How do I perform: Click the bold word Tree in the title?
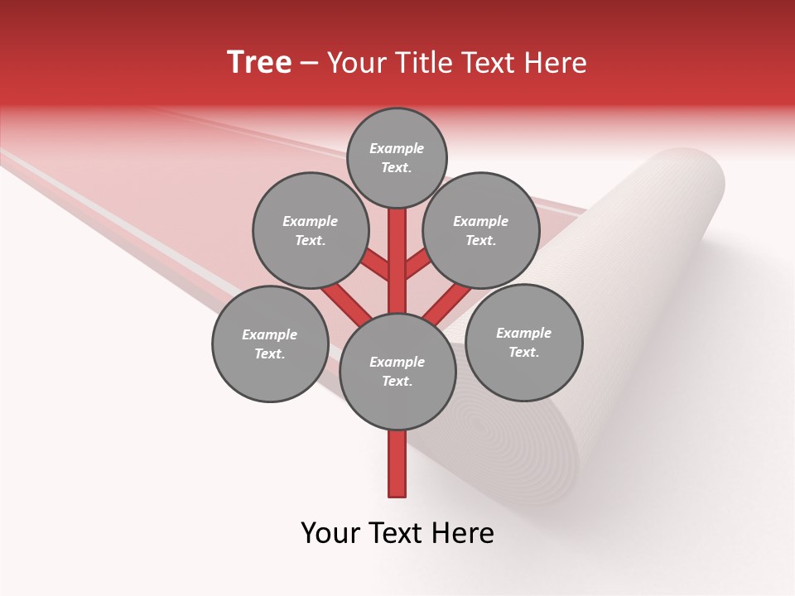pos(259,63)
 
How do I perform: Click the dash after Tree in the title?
pos(309,64)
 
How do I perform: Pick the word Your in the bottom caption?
pos(331,533)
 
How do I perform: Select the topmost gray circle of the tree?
pos(397,157)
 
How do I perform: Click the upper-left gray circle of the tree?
pos(311,230)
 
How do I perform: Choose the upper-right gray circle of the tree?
pos(481,230)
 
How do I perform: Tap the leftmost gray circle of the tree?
pos(270,344)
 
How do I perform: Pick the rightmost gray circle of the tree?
pos(524,342)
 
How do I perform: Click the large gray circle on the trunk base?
pos(397,372)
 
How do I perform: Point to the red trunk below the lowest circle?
pos(397,464)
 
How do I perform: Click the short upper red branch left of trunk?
pos(375,265)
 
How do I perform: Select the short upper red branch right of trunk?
pos(417,264)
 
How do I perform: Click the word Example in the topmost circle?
pos(397,148)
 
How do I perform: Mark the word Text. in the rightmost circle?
pos(523,352)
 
